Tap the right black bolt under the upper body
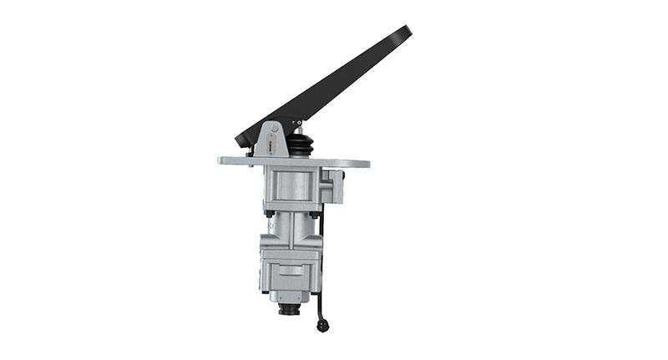click(316, 214)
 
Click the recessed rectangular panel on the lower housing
click(290, 270)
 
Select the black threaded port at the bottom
click(290, 310)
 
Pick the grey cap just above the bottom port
click(290, 297)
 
